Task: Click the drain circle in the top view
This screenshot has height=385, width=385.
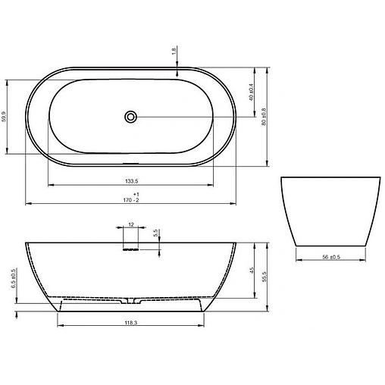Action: coord(130,117)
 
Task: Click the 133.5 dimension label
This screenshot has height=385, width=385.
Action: coord(132,181)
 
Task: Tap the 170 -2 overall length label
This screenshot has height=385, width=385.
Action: coord(131,200)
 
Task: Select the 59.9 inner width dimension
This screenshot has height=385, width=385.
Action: coord(4,117)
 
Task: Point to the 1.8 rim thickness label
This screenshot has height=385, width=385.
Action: coord(174,52)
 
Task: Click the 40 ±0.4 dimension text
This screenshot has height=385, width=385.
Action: coord(251,92)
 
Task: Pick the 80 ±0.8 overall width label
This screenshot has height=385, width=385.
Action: coord(264,117)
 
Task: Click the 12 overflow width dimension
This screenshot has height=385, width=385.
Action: coord(131,224)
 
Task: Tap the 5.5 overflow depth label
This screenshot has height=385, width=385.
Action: coord(155,233)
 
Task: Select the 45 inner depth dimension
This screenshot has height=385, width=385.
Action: coord(252,271)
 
